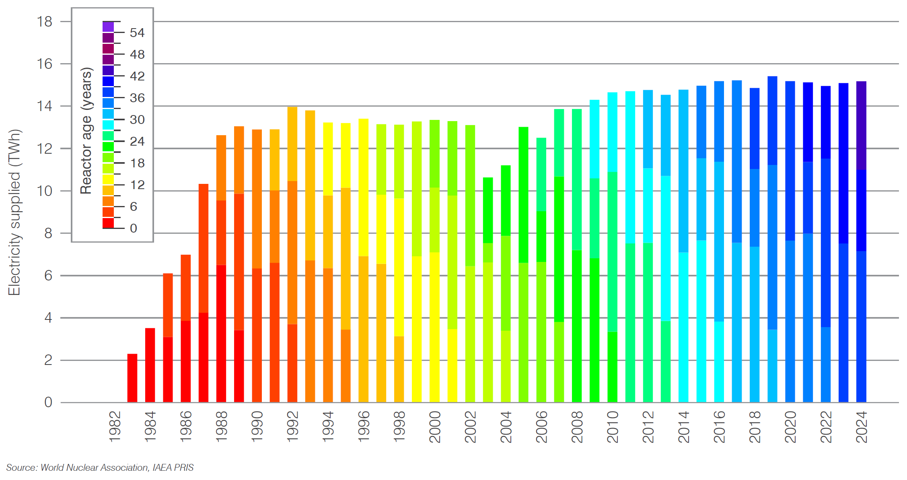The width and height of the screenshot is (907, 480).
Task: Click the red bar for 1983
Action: (x=132, y=378)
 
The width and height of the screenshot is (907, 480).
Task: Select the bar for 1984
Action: (x=150, y=365)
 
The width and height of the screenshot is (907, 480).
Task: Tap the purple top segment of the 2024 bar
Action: (x=861, y=125)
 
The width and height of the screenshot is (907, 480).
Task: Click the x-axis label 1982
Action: (x=115, y=426)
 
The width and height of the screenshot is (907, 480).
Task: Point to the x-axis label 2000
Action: (x=435, y=426)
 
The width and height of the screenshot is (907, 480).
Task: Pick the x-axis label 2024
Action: (x=862, y=426)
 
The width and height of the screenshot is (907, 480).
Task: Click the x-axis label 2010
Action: (x=613, y=426)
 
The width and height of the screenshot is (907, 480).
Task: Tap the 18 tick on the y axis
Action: (x=45, y=22)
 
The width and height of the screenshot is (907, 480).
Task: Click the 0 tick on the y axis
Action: (x=48, y=402)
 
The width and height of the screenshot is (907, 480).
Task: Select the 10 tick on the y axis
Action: (x=45, y=191)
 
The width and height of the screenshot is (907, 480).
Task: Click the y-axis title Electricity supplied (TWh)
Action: (x=14, y=212)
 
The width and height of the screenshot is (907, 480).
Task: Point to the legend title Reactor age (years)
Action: (x=86, y=131)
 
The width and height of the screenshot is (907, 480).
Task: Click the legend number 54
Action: (x=137, y=33)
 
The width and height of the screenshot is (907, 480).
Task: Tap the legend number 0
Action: (x=134, y=228)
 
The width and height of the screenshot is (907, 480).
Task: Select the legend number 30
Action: (x=137, y=119)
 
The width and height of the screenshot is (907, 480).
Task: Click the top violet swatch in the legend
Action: (x=108, y=27)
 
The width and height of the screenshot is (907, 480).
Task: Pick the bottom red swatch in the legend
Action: (x=108, y=222)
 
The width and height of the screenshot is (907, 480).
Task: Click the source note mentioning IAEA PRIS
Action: (x=100, y=468)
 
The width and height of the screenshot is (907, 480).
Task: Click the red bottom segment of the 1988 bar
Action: (x=221, y=334)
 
